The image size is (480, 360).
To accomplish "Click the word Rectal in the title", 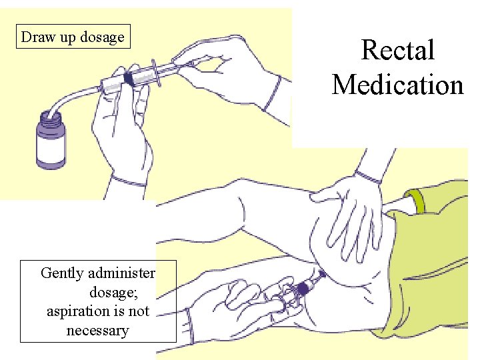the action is [x=397, y=51].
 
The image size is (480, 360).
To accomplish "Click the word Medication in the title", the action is [x=397, y=85].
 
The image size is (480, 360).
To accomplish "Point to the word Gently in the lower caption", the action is [x=63, y=273].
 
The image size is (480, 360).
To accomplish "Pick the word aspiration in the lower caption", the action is [x=77, y=311].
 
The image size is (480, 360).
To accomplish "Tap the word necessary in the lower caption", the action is [x=97, y=330].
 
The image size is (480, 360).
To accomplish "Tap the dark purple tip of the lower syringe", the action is [x=306, y=287].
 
